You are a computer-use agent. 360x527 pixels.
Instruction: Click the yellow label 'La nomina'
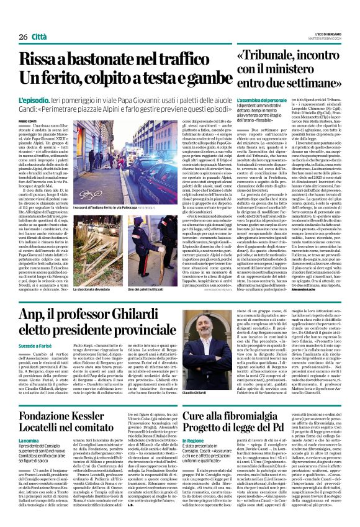point(29,422)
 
